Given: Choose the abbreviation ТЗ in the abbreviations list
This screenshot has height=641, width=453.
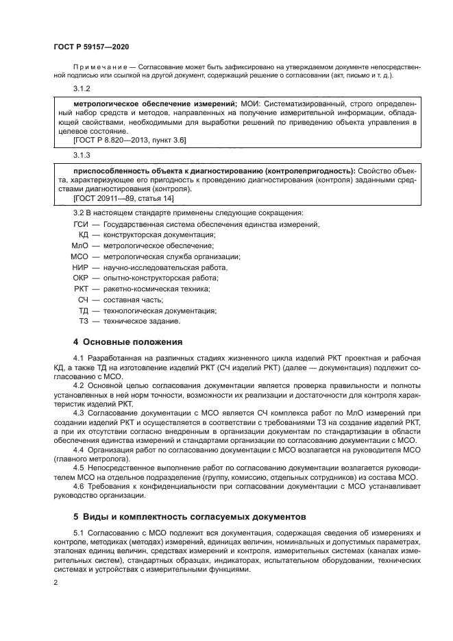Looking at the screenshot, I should pos(84,321).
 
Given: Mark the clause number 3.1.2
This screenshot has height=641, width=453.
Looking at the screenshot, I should pos(82,88).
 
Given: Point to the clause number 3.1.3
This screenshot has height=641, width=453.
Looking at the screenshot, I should pos(82,155).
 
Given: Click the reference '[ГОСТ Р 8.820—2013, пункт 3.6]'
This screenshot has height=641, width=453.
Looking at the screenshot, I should pos(129,139).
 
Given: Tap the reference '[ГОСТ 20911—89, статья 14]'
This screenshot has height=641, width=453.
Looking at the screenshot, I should pos(123,197).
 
